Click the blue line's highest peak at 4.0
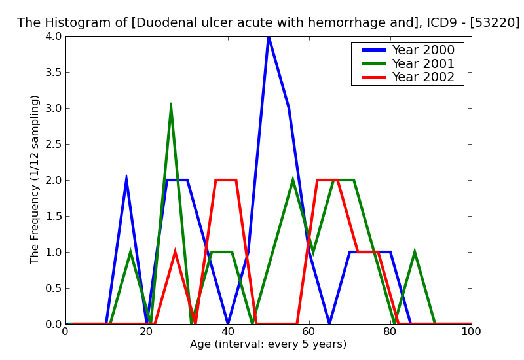coord(269,37)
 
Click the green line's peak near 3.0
coord(171,105)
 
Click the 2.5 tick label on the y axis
coord(54,144)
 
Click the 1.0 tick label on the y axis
coord(54,252)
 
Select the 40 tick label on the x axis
coord(228,332)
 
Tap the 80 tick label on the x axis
coord(390,332)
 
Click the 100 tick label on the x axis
coord(472,332)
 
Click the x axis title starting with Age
coord(269,344)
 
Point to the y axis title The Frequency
coord(35,179)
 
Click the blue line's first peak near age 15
coord(126,177)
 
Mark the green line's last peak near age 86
coord(415,252)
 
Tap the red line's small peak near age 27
coord(175,252)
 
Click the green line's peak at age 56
coord(293,180)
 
